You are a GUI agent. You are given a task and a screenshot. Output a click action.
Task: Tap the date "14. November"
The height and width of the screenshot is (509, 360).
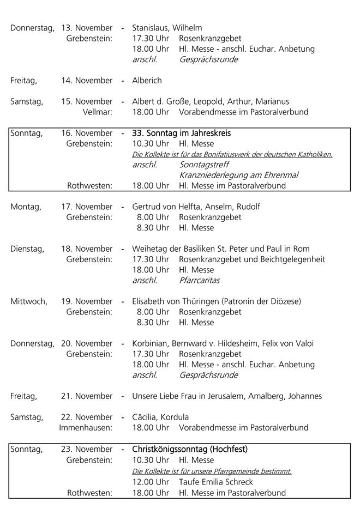(x=87, y=81)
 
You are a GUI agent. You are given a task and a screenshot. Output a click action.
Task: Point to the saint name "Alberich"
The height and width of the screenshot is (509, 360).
(x=147, y=81)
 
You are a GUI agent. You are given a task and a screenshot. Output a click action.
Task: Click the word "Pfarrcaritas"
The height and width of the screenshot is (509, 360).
(x=199, y=280)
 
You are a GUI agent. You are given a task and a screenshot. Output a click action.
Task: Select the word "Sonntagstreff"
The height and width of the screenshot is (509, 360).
(x=203, y=165)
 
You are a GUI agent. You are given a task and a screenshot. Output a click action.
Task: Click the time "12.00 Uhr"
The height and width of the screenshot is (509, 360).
(x=151, y=482)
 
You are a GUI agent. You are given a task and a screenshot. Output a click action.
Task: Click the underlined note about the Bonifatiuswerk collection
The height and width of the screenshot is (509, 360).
(x=232, y=154)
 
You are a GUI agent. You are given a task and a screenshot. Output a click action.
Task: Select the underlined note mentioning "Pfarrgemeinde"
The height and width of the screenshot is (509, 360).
(x=212, y=471)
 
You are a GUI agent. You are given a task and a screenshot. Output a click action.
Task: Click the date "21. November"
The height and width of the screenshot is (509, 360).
(x=87, y=396)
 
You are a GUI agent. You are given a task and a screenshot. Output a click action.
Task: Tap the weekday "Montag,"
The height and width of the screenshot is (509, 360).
(x=26, y=207)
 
